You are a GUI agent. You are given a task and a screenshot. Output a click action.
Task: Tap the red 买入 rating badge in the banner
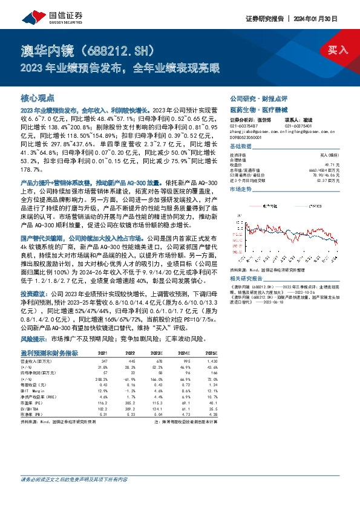[x=337, y=50]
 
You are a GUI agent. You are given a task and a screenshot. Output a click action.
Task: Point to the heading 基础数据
[x=240, y=147]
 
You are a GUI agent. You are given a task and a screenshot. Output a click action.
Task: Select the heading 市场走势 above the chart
[x=240, y=190]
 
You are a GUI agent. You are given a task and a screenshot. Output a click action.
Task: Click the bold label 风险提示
[x=34, y=340]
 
